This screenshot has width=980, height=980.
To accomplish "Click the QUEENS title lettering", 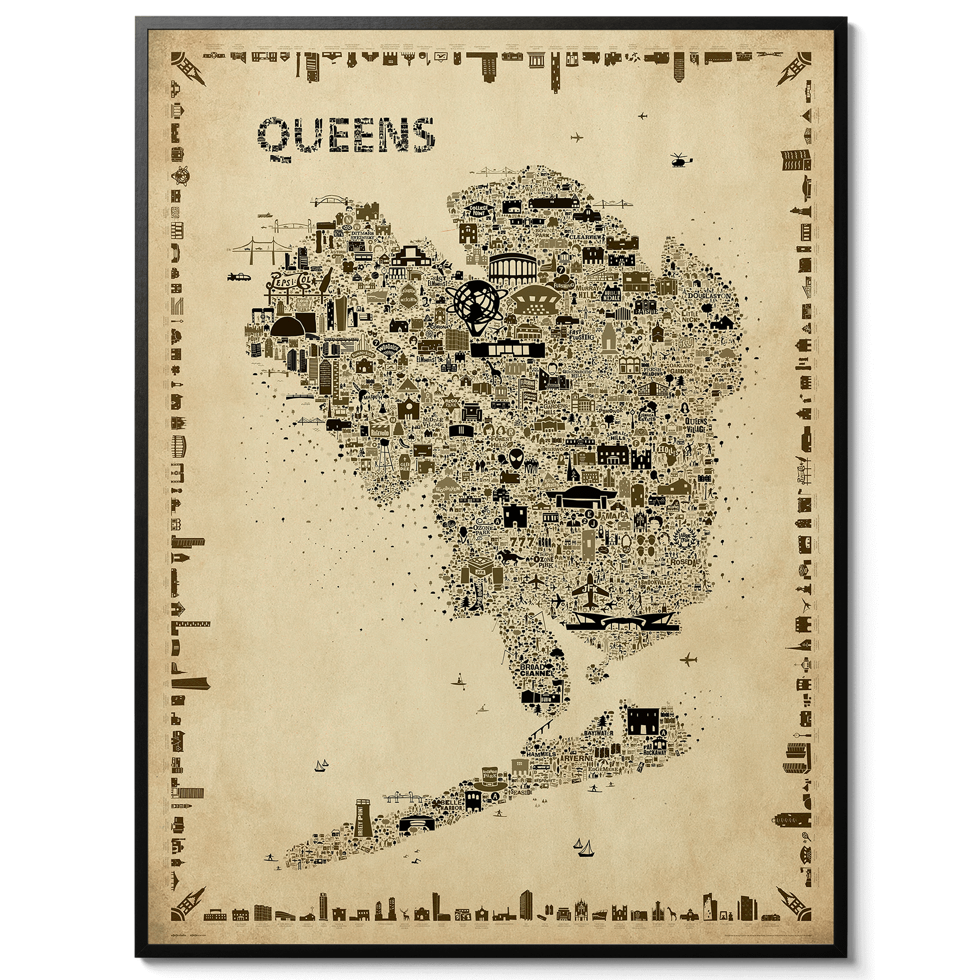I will click(x=346, y=138).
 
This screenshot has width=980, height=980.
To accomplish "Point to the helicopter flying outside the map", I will click(x=680, y=160).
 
